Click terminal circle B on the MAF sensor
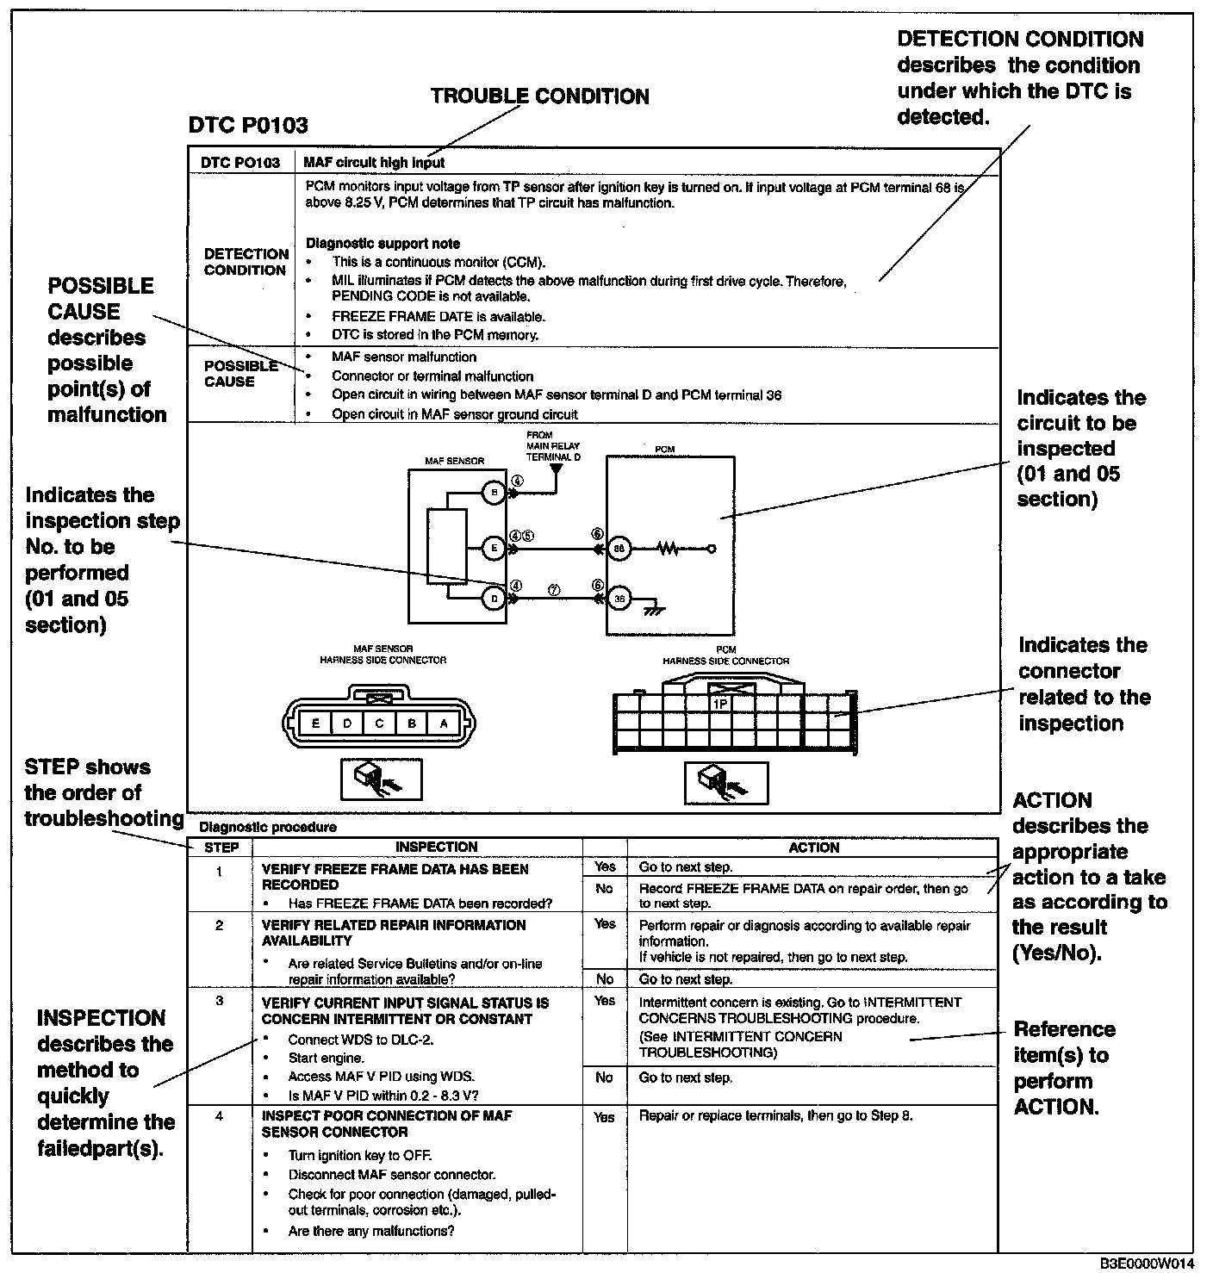[x=494, y=494]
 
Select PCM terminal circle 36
[x=619, y=598]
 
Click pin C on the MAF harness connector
[x=379, y=723]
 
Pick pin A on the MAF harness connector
[x=444, y=723]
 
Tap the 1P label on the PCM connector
[x=720, y=704]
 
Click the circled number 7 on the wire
[x=554, y=590]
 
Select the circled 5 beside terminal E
[x=528, y=536]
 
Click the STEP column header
[x=221, y=848]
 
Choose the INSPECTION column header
[x=436, y=848]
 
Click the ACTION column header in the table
[x=813, y=848]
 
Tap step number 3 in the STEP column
[x=220, y=1001]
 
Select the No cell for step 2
[x=605, y=978]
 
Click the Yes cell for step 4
[x=605, y=1117]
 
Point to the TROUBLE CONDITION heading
[x=539, y=96]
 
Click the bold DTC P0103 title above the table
[x=248, y=126]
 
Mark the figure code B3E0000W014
[x=1147, y=1264]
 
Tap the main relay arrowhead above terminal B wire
[x=556, y=470]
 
